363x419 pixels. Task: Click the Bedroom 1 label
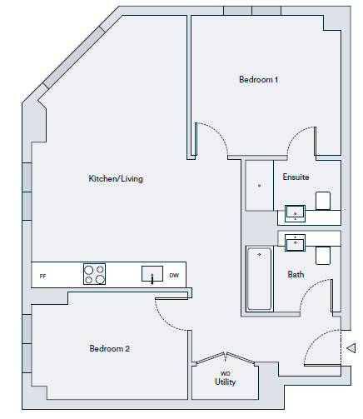tap(258, 80)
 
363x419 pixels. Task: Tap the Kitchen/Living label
tap(116, 178)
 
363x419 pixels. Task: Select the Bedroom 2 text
tap(110, 348)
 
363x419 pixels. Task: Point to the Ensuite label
tap(296, 177)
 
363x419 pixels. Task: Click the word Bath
tap(296, 275)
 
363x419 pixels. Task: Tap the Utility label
tap(225, 382)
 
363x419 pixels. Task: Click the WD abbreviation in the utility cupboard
tap(225, 373)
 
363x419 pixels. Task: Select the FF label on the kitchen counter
tap(42, 277)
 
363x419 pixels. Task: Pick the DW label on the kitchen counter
tap(174, 276)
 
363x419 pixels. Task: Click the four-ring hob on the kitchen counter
tap(94, 274)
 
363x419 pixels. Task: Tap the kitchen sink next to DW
tap(152, 274)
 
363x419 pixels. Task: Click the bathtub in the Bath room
tap(259, 279)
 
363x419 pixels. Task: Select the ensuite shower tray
tap(260, 185)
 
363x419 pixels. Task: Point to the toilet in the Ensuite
tap(323, 201)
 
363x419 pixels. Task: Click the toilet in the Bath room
tap(323, 256)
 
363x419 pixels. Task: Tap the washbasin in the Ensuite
tap(295, 213)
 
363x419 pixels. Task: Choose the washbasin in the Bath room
tap(295, 242)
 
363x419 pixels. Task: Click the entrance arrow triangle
tap(351, 348)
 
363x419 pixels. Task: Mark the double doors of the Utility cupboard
tap(225, 358)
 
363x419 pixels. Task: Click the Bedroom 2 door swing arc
tap(167, 318)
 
